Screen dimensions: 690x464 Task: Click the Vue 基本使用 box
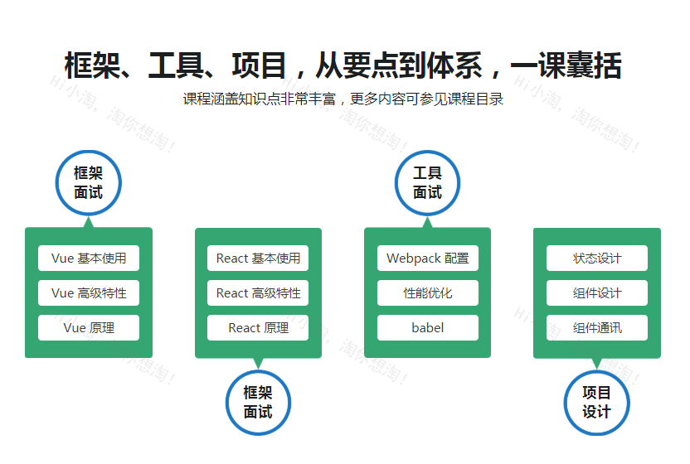coord(89,259)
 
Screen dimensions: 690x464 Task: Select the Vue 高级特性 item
coord(89,293)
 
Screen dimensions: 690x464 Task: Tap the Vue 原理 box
coord(89,327)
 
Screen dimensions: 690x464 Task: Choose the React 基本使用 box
coord(258,259)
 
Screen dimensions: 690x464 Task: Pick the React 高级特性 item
coord(258,293)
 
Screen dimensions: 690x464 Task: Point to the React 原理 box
coord(258,327)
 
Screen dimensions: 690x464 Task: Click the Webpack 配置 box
coord(428,259)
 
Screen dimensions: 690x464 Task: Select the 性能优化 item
coord(428,293)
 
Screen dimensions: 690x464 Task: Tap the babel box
coord(428,327)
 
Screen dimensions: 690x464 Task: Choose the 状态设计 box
coord(597,259)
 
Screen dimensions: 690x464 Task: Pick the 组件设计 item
coord(597,293)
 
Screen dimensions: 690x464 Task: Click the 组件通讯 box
coord(597,327)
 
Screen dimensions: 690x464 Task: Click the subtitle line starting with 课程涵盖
coord(343,99)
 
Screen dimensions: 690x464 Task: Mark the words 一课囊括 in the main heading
coord(566,65)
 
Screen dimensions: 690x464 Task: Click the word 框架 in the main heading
coord(92,65)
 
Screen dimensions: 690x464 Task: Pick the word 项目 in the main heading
coord(260,65)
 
